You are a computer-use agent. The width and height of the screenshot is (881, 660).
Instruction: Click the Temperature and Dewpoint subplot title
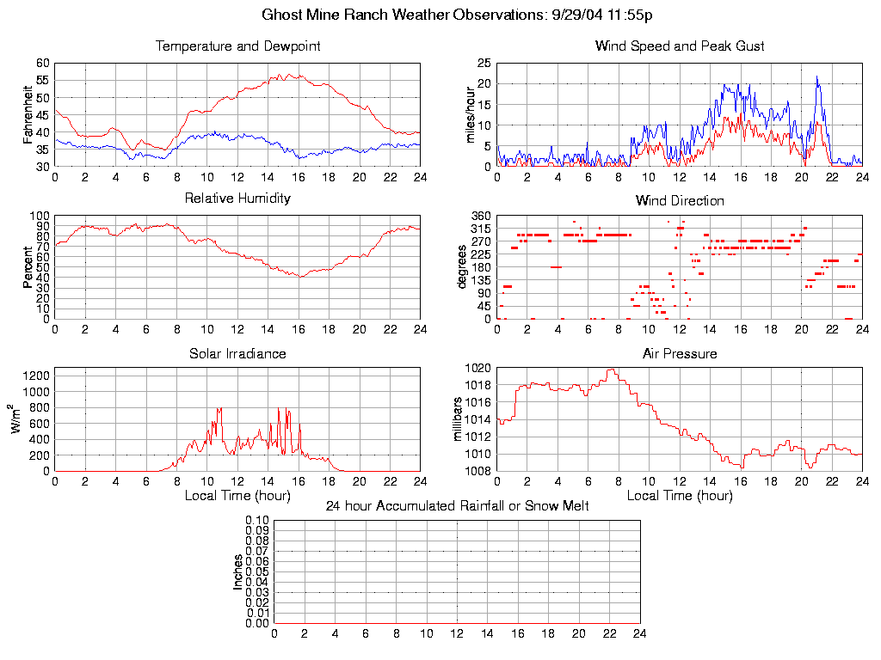(x=237, y=46)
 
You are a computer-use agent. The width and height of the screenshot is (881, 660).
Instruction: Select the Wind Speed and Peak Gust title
(x=680, y=46)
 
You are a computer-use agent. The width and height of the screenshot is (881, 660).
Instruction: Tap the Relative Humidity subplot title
(x=237, y=199)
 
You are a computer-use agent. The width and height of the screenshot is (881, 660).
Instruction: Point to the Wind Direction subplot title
(x=680, y=201)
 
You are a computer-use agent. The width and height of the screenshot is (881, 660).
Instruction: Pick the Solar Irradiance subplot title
(x=237, y=353)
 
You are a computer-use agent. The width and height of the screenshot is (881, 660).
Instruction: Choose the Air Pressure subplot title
(x=680, y=353)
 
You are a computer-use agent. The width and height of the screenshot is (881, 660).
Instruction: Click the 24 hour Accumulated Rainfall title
(x=457, y=506)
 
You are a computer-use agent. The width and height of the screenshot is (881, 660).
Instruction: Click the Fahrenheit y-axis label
(x=29, y=114)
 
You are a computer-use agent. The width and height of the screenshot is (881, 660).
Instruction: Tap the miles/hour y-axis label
(x=471, y=115)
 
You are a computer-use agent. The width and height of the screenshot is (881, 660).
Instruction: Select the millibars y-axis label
(x=459, y=419)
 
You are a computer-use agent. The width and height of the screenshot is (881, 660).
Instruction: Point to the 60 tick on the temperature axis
(x=43, y=64)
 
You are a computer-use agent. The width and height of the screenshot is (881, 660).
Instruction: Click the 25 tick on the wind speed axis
(x=484, y=64)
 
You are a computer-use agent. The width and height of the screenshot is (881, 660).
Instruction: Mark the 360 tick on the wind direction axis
(x=480, y=216)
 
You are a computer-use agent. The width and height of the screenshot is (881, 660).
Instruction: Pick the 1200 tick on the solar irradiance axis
(x=37, y=376)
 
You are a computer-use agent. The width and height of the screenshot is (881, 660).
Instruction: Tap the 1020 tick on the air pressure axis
(x=478, y=368)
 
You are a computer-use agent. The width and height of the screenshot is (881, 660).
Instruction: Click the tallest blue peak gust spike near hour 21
(x=817, y=77)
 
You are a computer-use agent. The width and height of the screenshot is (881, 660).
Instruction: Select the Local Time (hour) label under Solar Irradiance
(x=237, y=496)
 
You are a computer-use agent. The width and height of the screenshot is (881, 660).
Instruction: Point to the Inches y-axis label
(x=238, y=571)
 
